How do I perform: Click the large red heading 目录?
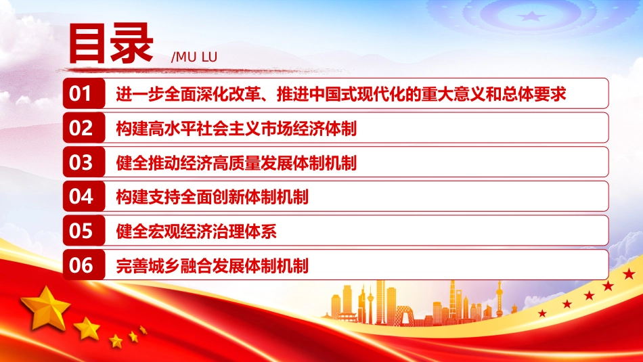tap(111, 44)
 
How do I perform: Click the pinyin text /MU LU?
tap(194, 57)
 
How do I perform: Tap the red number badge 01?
tap(84, 93)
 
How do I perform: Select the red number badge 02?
tap(84, 128)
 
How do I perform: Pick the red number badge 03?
tap(84, 162)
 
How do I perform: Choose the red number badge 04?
tap(84, 196)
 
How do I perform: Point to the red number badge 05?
tap(84, 231)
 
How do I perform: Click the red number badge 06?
tap(84, 265)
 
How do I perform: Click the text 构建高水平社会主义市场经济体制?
tap(236, 129)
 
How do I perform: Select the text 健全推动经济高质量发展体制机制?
tap(236, 163)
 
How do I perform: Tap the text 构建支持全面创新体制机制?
tap(212, 197)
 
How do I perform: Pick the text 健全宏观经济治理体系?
tap(196, 231)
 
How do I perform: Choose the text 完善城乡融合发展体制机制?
tap(212, 266)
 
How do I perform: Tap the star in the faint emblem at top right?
tap(531, 16)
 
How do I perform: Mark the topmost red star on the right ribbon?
tap(629, 273)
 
